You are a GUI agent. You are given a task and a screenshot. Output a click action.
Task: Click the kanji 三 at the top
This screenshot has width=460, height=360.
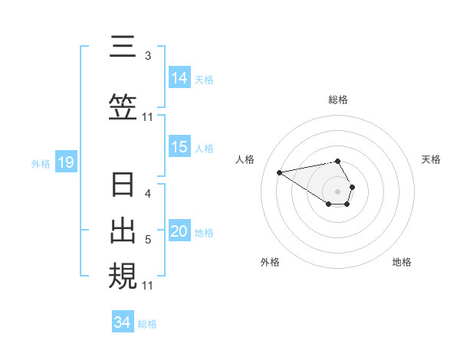point(123,47)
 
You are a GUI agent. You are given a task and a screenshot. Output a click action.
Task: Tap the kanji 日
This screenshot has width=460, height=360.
point(123,185)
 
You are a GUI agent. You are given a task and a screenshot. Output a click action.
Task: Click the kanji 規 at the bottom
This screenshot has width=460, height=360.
point(123,276)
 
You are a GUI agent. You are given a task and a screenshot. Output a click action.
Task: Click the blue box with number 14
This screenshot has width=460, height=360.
point(179,78)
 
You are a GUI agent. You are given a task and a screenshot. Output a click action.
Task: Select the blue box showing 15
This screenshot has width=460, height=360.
point(179,148)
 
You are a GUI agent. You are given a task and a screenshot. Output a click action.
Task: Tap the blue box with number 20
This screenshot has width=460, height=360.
point(179,232)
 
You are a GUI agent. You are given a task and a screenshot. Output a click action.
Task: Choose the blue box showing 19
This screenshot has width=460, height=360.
point(65,162)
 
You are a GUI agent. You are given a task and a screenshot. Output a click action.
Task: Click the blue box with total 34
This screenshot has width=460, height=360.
point(123,322)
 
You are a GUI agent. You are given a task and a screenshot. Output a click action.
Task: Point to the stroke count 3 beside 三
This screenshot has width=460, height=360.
point(147,55)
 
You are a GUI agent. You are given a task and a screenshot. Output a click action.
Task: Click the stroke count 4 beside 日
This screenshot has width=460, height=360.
point(148,193)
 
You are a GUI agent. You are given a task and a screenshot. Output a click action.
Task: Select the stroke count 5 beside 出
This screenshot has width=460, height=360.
point(148,240)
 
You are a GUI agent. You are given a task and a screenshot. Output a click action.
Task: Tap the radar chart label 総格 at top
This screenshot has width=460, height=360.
point(337,100)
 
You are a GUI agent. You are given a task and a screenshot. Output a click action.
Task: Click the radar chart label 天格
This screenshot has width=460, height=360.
point(431,159)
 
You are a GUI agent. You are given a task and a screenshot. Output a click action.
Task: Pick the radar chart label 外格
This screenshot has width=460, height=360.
point(270,262)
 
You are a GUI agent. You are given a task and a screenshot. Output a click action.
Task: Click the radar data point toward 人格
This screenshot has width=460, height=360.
point(280,172)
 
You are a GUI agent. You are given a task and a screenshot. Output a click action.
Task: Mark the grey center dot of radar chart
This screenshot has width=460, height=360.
point(337,191)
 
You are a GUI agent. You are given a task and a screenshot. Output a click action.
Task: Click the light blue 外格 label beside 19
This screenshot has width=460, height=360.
point(40,163)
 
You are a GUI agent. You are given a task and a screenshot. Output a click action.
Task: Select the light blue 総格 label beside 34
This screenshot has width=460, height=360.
point(147,323)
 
